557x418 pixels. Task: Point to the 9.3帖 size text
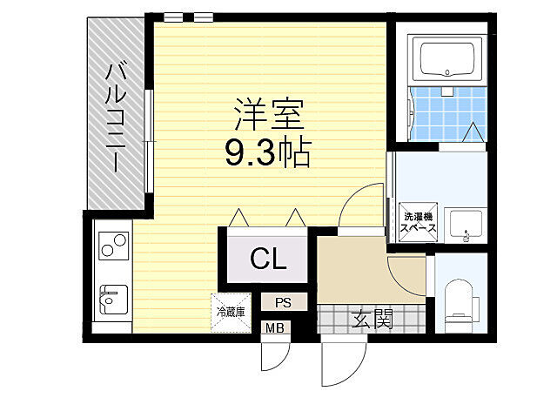click(x=268, y=153)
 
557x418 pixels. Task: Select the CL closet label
click(x=268, y=258)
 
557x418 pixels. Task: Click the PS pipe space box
click(x=283, y=302)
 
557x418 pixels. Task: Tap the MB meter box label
click(x=275, y=328)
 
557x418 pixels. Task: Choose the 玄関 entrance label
click(x=372, y=319)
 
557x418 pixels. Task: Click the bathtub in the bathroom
click(x=446, y=60)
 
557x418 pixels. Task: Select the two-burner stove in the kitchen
click(x=113, y=247)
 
